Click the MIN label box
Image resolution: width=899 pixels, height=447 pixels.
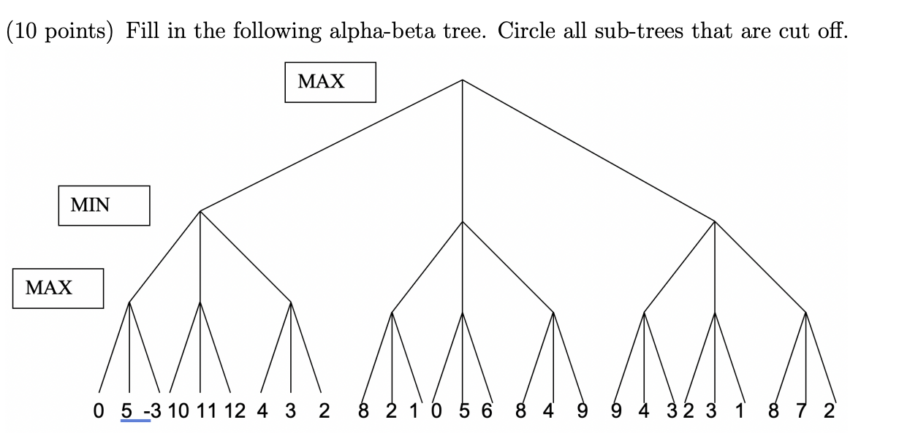pos(104,205)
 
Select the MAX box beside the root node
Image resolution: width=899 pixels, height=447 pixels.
pos(330,82)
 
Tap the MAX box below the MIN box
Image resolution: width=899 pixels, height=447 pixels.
pos(58,288)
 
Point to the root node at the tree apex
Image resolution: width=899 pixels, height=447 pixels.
pos(462,80)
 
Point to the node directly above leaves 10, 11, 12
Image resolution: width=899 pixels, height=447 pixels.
pos(200,301)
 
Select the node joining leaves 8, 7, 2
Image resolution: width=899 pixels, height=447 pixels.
pos(805,313)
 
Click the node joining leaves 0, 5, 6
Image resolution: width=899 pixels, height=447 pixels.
pos(462,313)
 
